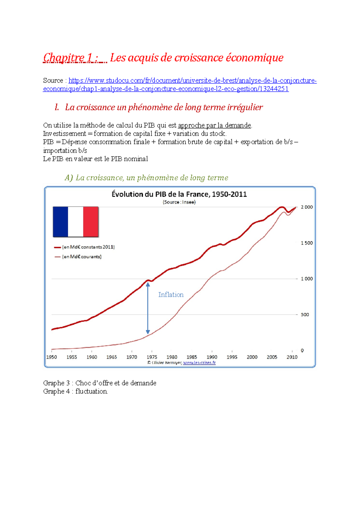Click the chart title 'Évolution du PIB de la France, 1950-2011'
coord(179,194)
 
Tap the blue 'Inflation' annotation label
coord(171,295)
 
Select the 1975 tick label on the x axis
coord(152,357)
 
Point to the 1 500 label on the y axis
coord(307,243)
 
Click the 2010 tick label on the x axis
coord(292,357)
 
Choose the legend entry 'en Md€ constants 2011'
coord(88,247)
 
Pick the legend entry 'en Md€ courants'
coord(82,257)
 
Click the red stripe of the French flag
coord(91,222)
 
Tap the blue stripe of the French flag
coord(61,222)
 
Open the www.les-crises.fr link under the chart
coord(199,363)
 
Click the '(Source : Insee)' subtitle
coord(179,202)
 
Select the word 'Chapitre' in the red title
coord(64,58)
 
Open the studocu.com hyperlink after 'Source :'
coord(192,81)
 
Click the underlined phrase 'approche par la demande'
coord(214,125)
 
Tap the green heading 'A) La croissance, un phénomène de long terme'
coord(146,178)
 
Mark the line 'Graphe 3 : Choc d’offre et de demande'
coord(100,383)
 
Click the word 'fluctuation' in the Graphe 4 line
coord(91,391)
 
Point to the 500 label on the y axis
coord(304,314)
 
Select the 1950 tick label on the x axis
coord(52,357)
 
